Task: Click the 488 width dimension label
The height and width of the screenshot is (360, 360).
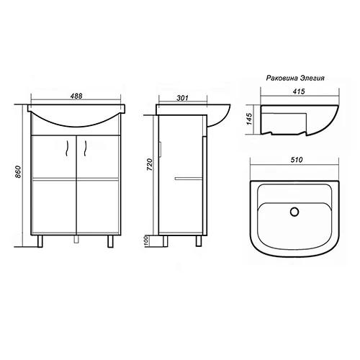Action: pyautogui.click(x=76, y=96)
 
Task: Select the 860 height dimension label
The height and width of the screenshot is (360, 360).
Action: pyautogui.click(x=18, y=172)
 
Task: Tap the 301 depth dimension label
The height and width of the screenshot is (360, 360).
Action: pyautogui.click(x=183, y=98)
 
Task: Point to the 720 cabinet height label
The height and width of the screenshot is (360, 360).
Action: pyautogui.click(x=149, y=164)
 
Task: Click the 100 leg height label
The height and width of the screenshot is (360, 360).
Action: pyautogui.click(x=147, y=240)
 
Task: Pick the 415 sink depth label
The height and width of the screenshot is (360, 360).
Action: pyautogui.click(x=299, y=91)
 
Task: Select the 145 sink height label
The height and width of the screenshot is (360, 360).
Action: pyautogui.click(x=250, y=119)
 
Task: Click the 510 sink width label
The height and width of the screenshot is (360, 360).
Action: pyautogui.click(x=297, y=160)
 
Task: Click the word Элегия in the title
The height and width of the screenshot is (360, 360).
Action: pyautogui.click(x=312, y=78)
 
